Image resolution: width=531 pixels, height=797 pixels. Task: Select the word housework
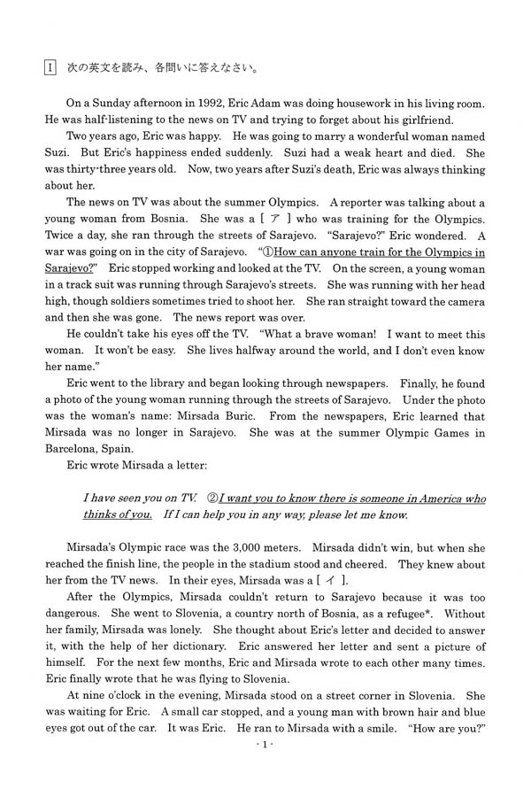point(372,104)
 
